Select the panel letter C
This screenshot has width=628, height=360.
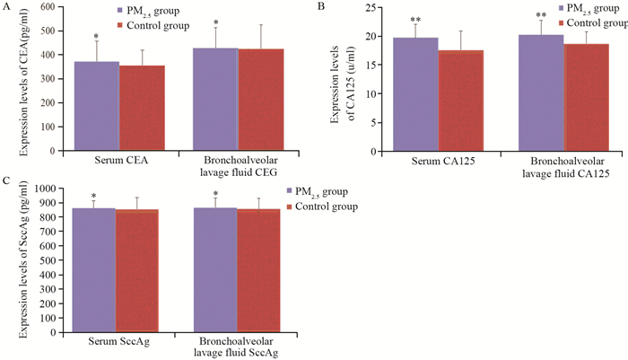[x=6, y=180]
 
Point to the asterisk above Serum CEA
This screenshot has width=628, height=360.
[x=96, y=37]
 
